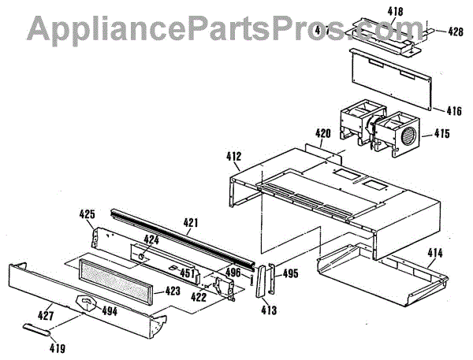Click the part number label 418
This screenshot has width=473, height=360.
395,12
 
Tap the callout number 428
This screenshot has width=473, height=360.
456,32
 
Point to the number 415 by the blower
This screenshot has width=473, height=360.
441,134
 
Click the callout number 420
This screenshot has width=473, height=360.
322,134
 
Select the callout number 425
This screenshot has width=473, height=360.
88,214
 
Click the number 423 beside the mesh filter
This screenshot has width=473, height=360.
173,291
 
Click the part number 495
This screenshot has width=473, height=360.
290,274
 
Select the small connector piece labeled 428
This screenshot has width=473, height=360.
434,32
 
